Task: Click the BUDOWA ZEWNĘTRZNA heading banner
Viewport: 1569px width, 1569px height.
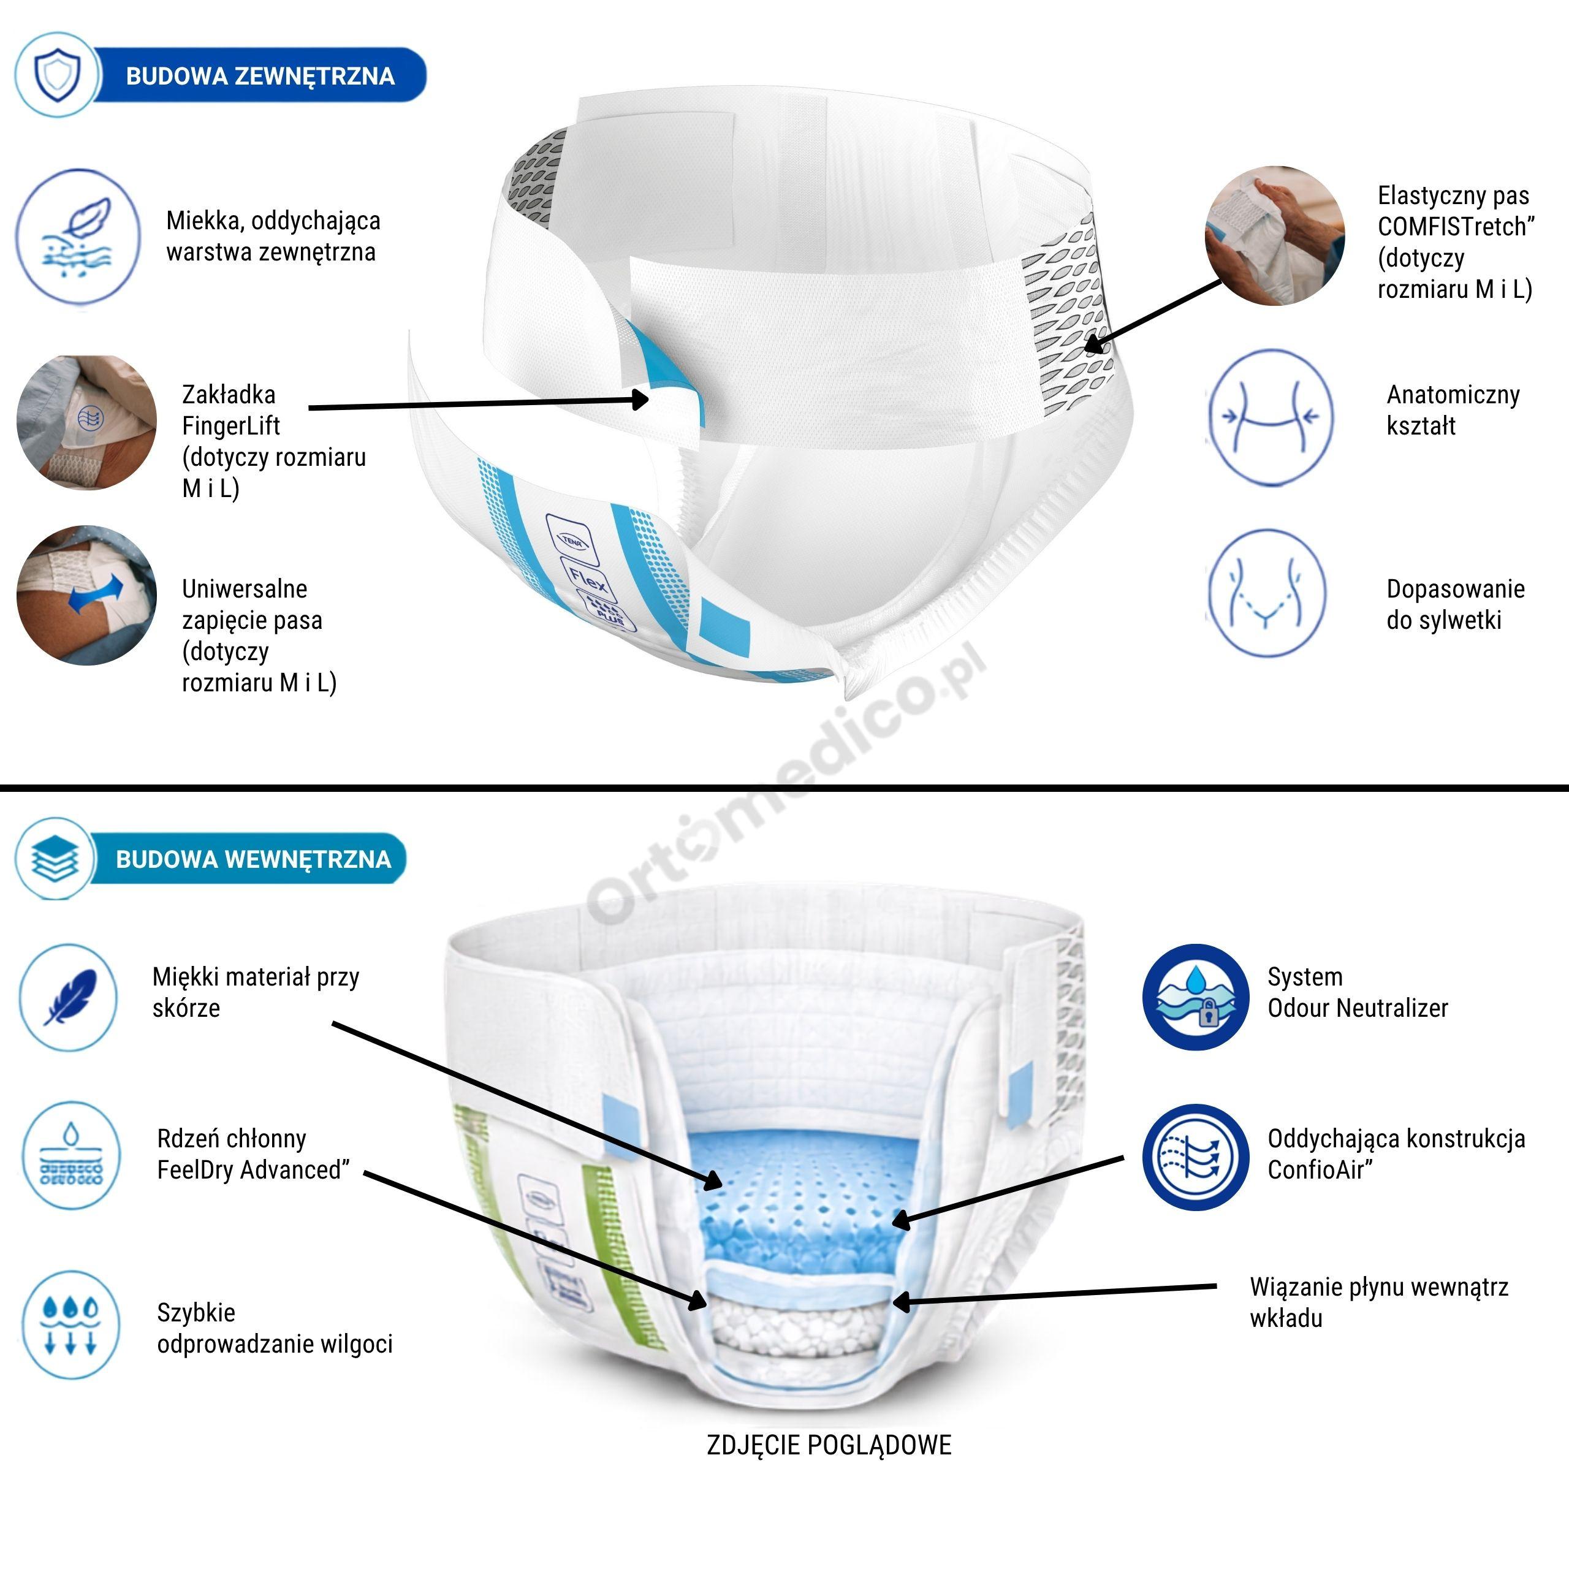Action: coord(260,75)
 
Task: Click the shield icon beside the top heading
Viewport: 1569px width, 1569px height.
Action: coord(57,75)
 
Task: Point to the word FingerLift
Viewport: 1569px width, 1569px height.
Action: coord(230,425)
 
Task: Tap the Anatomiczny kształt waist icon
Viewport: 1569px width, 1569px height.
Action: coord(1267,417)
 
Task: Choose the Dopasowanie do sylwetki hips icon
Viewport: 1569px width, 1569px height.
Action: coord(1267,593)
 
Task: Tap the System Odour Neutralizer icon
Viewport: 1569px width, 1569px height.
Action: coord(1195,997)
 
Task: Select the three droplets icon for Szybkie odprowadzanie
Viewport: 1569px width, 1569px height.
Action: coord(70,1324)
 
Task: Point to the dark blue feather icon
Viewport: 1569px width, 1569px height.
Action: coord(70,997)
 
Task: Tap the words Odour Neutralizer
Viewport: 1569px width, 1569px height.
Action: coord(1358,1008)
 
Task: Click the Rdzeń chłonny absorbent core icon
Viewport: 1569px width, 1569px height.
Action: coord(70,1156)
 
